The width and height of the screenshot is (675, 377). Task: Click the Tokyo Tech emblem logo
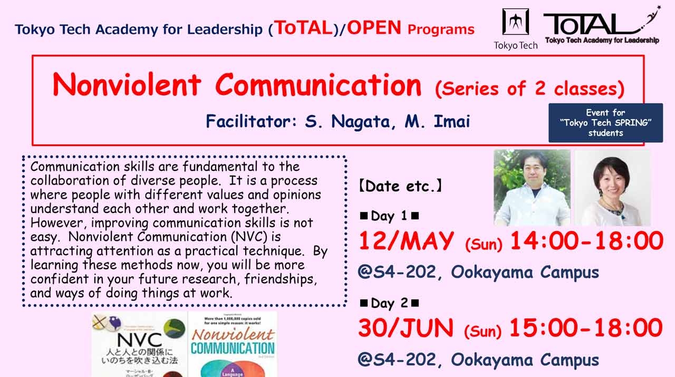515,22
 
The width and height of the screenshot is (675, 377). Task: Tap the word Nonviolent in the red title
127,85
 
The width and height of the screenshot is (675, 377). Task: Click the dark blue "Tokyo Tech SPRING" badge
605,123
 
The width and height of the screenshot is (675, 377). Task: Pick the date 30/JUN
406,328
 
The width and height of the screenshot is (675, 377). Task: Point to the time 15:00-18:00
586,328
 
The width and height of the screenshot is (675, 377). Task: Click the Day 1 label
389,216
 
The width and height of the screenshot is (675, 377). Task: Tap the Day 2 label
389,303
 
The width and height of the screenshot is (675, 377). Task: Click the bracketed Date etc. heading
400,186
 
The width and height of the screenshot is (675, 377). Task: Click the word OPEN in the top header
374,28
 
